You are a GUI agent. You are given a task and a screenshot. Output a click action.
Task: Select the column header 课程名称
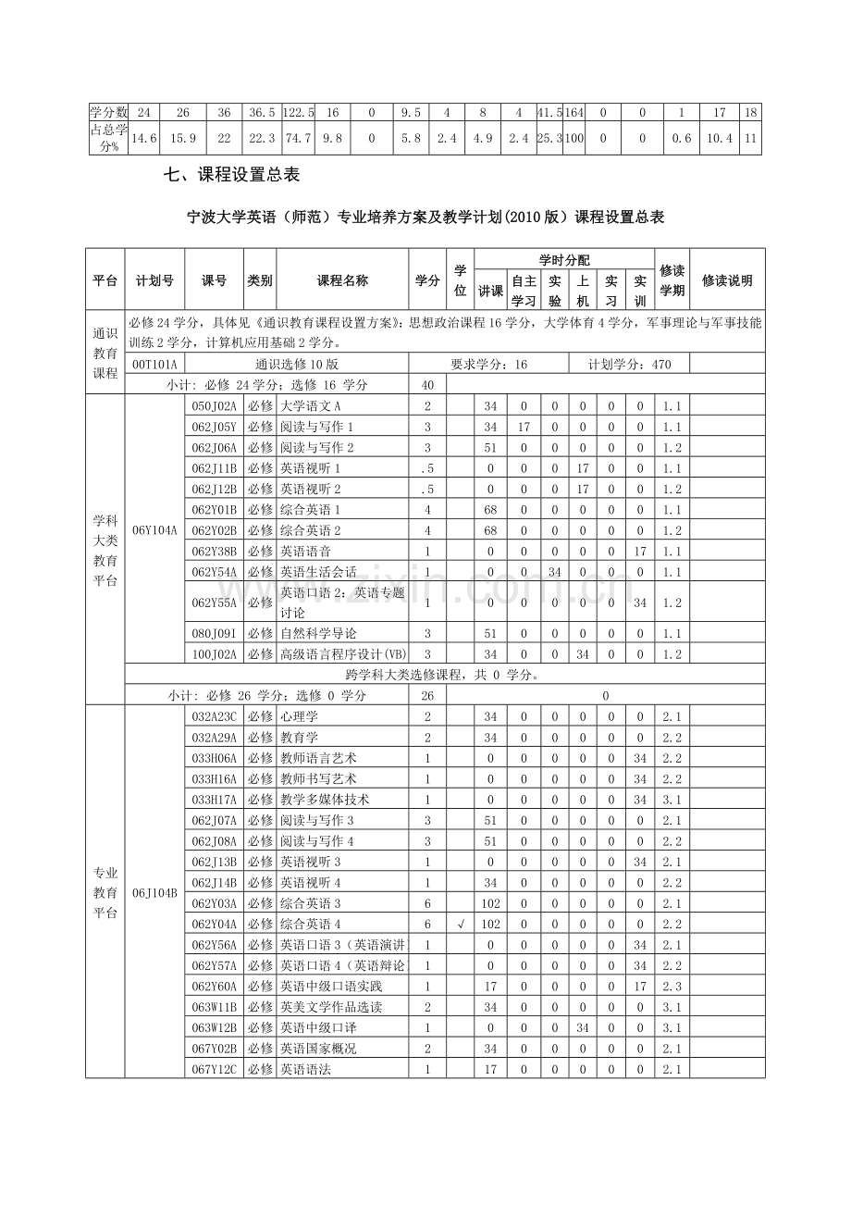click(x=342, y=280)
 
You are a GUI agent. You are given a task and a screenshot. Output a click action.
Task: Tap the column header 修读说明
click(x=727, y=280)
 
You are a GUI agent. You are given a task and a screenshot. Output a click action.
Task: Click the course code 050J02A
click(x=215, y=406)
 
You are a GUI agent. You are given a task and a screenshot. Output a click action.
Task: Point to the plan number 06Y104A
click(x=154, y=530)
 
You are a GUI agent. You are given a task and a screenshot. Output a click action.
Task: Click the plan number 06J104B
click(x=154, y=893)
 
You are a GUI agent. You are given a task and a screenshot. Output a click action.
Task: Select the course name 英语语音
click(x=304, y=551)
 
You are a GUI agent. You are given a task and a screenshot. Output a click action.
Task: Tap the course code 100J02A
click(x=215, y=654)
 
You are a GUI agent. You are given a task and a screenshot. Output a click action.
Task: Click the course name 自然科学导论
click(x=317, y=633)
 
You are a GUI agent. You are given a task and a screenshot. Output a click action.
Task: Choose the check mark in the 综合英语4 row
click(x=460, y=924)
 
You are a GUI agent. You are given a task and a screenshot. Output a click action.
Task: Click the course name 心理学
click(x=299, y=716)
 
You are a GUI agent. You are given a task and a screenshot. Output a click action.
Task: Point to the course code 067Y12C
click(x=215, y=1069)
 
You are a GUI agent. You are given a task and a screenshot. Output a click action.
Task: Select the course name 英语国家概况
click(x=317, y=1049)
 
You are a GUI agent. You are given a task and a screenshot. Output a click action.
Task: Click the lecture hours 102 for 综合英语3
click(x=490, y=903)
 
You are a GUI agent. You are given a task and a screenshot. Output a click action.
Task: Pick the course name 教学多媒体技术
click(x=324, y=800)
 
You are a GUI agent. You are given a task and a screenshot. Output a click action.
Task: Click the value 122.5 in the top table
click(x=298, y=112)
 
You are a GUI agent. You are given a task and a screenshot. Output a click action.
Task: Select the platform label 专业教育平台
click(x=105, y=892)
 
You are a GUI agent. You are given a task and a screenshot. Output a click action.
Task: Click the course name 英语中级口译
click(x=317, y=1027)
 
